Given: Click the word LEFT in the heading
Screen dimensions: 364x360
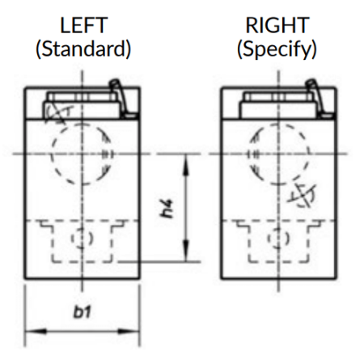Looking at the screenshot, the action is click(84, 25).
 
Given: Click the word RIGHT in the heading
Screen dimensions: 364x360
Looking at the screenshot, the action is click(277, 25).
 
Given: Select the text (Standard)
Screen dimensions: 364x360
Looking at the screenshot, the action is click(83, 49).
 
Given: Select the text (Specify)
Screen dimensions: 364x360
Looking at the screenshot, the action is click(277, 50).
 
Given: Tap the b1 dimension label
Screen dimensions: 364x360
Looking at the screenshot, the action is click(82, 312).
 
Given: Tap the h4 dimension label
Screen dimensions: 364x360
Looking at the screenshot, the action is click(166, 208).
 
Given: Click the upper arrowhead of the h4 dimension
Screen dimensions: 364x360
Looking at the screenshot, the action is click(185, 165).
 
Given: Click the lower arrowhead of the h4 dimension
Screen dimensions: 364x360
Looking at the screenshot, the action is click(185, 251).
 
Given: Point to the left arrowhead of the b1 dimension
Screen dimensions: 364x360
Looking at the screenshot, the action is click(36, 331).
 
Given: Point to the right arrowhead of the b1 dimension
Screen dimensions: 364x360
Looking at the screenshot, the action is click(129, 331).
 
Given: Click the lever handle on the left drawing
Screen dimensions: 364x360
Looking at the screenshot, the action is click(120, 98).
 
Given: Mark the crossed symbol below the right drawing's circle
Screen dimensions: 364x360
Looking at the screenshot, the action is click(303, 195).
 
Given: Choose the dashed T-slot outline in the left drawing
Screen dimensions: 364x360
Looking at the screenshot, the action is click(83, 261).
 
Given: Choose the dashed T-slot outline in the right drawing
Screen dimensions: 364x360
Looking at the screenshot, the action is click(279, 261).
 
